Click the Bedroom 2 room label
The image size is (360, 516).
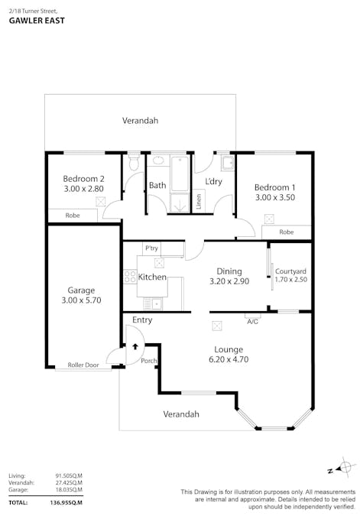(83, 179)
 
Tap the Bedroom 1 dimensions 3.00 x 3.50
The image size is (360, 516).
(274, 197)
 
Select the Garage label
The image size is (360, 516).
(81, 290)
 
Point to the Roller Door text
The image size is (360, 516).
(83, 365)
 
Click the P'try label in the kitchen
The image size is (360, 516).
(151, 248)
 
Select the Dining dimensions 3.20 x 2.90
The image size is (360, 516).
(229, 282)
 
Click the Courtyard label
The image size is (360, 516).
(290, 271)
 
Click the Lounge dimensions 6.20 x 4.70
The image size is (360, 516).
(229, 359)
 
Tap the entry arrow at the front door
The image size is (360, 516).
(135, 346)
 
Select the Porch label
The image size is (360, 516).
(148, 361)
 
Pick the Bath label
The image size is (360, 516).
(157, 185)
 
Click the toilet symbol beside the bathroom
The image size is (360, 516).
(134, 163)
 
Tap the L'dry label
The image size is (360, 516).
(214, 181)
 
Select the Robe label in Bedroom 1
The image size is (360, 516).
(287, 232)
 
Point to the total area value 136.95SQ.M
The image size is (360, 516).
(68, 502)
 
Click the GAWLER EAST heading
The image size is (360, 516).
(36, 21)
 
